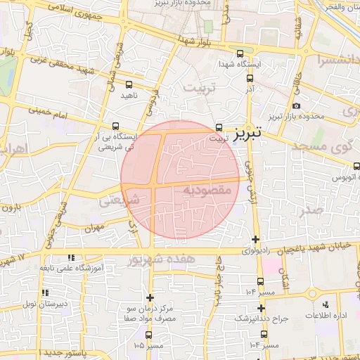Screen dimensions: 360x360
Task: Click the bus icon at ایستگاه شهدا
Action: [240, 53]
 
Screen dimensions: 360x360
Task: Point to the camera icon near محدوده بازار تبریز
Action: [296, 105]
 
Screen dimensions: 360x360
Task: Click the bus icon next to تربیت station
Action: [219, 128]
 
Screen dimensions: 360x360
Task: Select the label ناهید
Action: [129, 94]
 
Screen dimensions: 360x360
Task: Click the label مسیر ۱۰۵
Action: [148, 345]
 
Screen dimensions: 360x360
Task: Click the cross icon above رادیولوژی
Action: [255, 239]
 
